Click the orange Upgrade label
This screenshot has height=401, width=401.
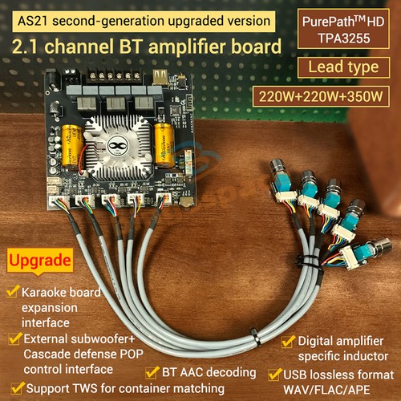[39, 261]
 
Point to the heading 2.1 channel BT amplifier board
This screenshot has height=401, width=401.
[142, 47]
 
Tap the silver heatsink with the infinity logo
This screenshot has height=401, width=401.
[119, 144]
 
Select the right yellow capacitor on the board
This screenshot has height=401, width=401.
[165, 145]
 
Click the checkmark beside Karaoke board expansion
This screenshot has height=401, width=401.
[11, 291]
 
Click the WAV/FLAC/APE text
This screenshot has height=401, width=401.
[330, 388]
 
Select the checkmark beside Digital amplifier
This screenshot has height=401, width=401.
[287, 340]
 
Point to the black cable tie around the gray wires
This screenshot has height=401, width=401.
[255, 338]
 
